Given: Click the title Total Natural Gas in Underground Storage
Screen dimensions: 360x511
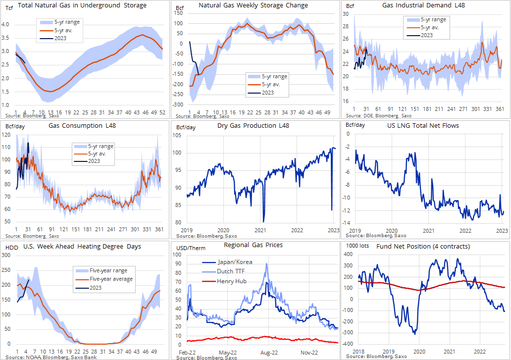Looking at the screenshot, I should point(82,5).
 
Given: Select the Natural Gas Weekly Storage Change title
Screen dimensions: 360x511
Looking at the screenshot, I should point(253,5).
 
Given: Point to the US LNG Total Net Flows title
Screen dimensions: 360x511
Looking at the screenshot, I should point(423,125).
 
